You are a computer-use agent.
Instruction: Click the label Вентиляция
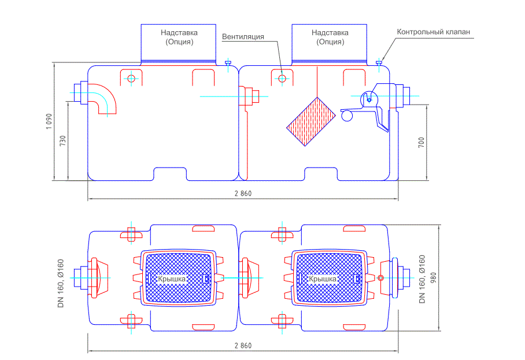click(x=243, y=37)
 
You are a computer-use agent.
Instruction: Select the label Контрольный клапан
click(x=433, y=32)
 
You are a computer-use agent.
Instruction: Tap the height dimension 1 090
click(x=50, y=121)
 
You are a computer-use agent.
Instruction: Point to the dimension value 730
click(x=62, y=140)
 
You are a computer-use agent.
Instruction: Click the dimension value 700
click(x=421, y=142)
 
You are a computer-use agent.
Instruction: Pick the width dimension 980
click(x=433, y=278)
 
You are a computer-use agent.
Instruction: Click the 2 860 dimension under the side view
click(x=243, y=194)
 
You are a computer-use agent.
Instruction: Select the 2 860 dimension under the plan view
click(x=243, y=346)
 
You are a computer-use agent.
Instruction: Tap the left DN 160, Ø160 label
click(x=61, y=283)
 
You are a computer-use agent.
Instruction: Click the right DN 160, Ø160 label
click(x=422, y=279)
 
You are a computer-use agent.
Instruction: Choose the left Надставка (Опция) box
click(x=179, y=43)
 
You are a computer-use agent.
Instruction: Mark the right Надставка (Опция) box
click(x=330, y=43)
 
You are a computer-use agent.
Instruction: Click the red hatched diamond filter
click(x=311, y=121)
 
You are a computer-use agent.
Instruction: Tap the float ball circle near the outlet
click(x=347, y=116)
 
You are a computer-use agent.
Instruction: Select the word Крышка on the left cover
click(x=172, y=279)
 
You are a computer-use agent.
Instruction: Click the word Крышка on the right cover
click(x=323, y=279)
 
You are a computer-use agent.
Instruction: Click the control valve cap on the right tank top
click(x=379, y=62)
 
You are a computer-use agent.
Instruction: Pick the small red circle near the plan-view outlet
click(x=380, y=278)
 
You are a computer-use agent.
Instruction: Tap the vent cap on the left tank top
click(x=228, y=62)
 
